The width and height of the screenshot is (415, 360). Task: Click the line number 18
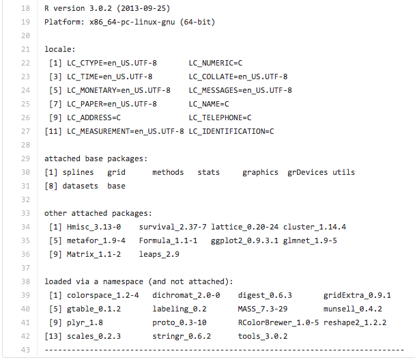click(x=25, y=8)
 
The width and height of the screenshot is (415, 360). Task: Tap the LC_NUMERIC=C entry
click(x=216, y=63)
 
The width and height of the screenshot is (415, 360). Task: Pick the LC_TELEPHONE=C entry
click(x=220, y=117)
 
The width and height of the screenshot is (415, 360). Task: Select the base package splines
click(x=78, y=172)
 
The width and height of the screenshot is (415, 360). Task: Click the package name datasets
click(x=80, y=186)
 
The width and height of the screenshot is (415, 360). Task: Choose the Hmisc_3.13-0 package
click(x=94, y=227)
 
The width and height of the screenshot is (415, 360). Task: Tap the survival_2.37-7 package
click(x=173, y=227)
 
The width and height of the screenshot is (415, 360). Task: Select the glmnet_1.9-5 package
click(x=311, y=240)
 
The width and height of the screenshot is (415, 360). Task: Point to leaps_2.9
click(x=159, y=254)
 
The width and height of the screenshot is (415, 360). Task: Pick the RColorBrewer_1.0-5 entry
click(x=278, y=322)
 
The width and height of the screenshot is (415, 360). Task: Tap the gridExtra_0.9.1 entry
click(x=357, y=295)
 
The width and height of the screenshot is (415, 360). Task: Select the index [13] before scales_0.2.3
click(x=53, y=336)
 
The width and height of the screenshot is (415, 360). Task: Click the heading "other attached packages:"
click(x=98, y=213)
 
